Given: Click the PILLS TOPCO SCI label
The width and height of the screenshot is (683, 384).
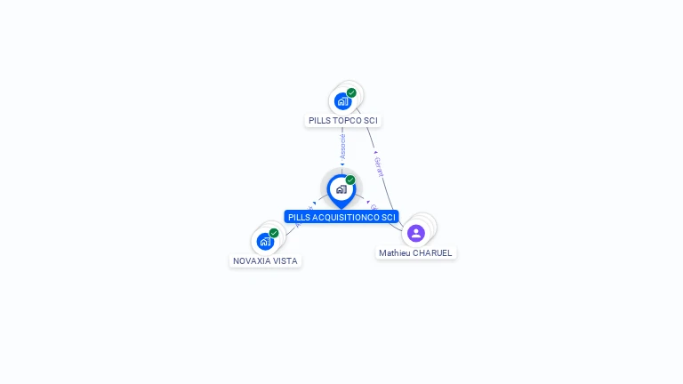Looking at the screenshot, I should (343, 120).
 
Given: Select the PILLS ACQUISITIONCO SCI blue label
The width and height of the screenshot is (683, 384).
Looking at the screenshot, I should (341, 217).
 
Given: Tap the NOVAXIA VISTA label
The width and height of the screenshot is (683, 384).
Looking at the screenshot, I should (265, 261).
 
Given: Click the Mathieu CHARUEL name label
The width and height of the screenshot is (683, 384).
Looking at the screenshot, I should (415, 253).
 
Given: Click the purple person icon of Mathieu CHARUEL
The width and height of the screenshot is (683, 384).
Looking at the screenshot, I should (415, 233).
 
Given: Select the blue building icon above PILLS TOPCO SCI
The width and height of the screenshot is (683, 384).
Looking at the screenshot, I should (343, 100).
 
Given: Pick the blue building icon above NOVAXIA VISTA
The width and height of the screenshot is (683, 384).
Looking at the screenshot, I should (265, 241).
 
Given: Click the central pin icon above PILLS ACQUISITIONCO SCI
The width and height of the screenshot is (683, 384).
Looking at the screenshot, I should (341, 189).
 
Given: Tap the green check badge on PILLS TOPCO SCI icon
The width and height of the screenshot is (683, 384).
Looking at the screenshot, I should (351, 92).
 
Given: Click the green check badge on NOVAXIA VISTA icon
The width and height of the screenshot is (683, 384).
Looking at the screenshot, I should (274, 233).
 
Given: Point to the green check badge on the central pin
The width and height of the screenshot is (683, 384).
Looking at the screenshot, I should (350, 180).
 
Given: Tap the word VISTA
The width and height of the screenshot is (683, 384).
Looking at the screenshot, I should (285, 261).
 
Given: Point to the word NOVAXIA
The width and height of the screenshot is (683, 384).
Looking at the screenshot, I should (252, 261).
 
